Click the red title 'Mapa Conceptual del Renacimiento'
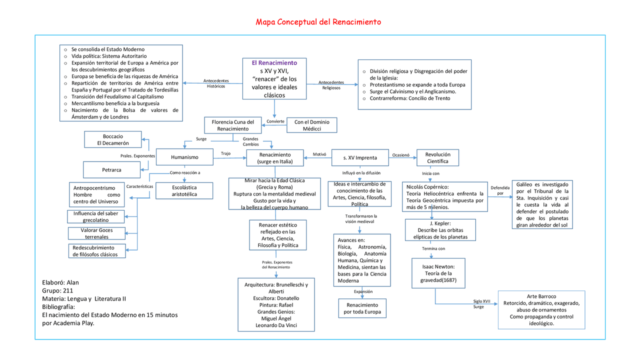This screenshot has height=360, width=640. click(x=318, y=22)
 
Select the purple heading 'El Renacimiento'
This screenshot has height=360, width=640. click(x=274, y=63)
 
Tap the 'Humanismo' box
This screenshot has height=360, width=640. click(x=184, y=157)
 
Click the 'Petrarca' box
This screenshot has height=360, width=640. click(x=111, y=170)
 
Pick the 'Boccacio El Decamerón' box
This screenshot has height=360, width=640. click(x=113, y=139)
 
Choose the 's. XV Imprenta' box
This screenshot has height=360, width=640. click(x=360, y=158)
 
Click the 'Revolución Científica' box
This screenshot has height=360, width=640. click(x=437, y=158)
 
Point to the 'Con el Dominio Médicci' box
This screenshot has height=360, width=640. click(x=311, y=125)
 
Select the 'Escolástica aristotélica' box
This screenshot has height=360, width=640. click(x=184, y=191)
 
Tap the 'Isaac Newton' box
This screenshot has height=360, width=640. click(x=438, y=273)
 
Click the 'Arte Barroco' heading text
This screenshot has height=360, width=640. click(x=541, y=296)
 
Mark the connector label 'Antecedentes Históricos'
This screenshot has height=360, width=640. click(x=216, y=83)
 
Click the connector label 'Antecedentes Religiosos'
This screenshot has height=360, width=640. click(x=331, y=85)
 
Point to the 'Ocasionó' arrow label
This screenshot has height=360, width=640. click(x=400, y=155)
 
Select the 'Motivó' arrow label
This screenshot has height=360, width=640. click(x=319, y=154)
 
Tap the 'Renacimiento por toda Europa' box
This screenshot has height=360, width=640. click(x=361, y=308)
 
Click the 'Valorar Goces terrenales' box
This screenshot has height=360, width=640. click(x=96, y=233)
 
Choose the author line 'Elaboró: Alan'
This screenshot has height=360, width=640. click(x=60, y=282)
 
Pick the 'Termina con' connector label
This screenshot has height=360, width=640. click(x=433, y=248)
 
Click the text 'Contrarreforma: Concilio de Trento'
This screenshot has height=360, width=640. click(x=409, y=98)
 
